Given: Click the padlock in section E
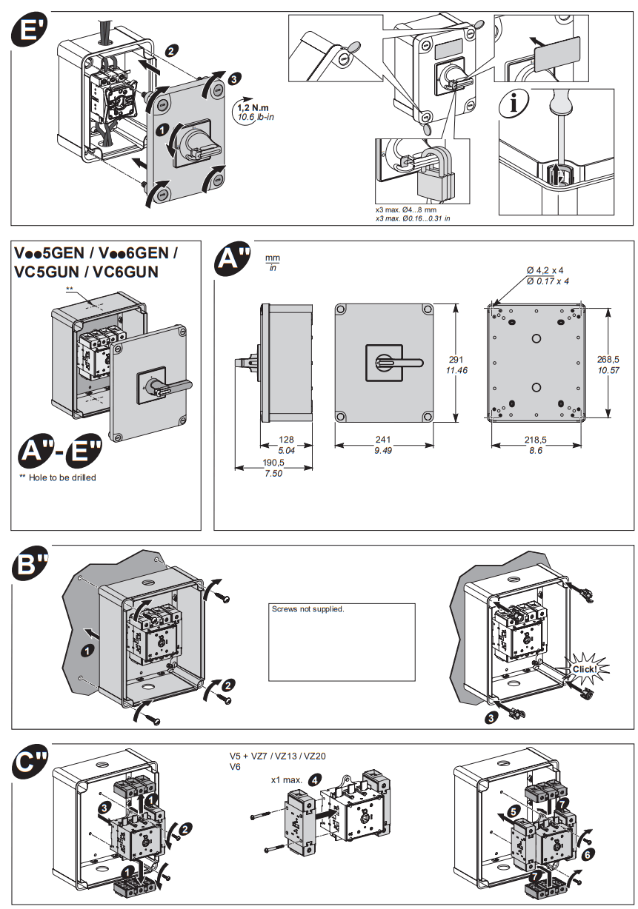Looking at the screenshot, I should click(x=436, y=181).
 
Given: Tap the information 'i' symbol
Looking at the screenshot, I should click(x=512, y=104).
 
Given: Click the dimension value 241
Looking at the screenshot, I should click(x=383, y=440).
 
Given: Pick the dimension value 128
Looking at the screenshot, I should click(x=286, y=440).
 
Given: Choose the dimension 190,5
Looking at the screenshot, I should click(x=273, y=463).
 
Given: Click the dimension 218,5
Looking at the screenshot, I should click(x=536, y=440).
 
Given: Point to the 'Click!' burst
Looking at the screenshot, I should click(x=584, y=668).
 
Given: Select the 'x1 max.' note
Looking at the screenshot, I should click(x=285, y=779).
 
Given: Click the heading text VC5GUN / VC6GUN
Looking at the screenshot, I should click(x=86, y=271).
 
